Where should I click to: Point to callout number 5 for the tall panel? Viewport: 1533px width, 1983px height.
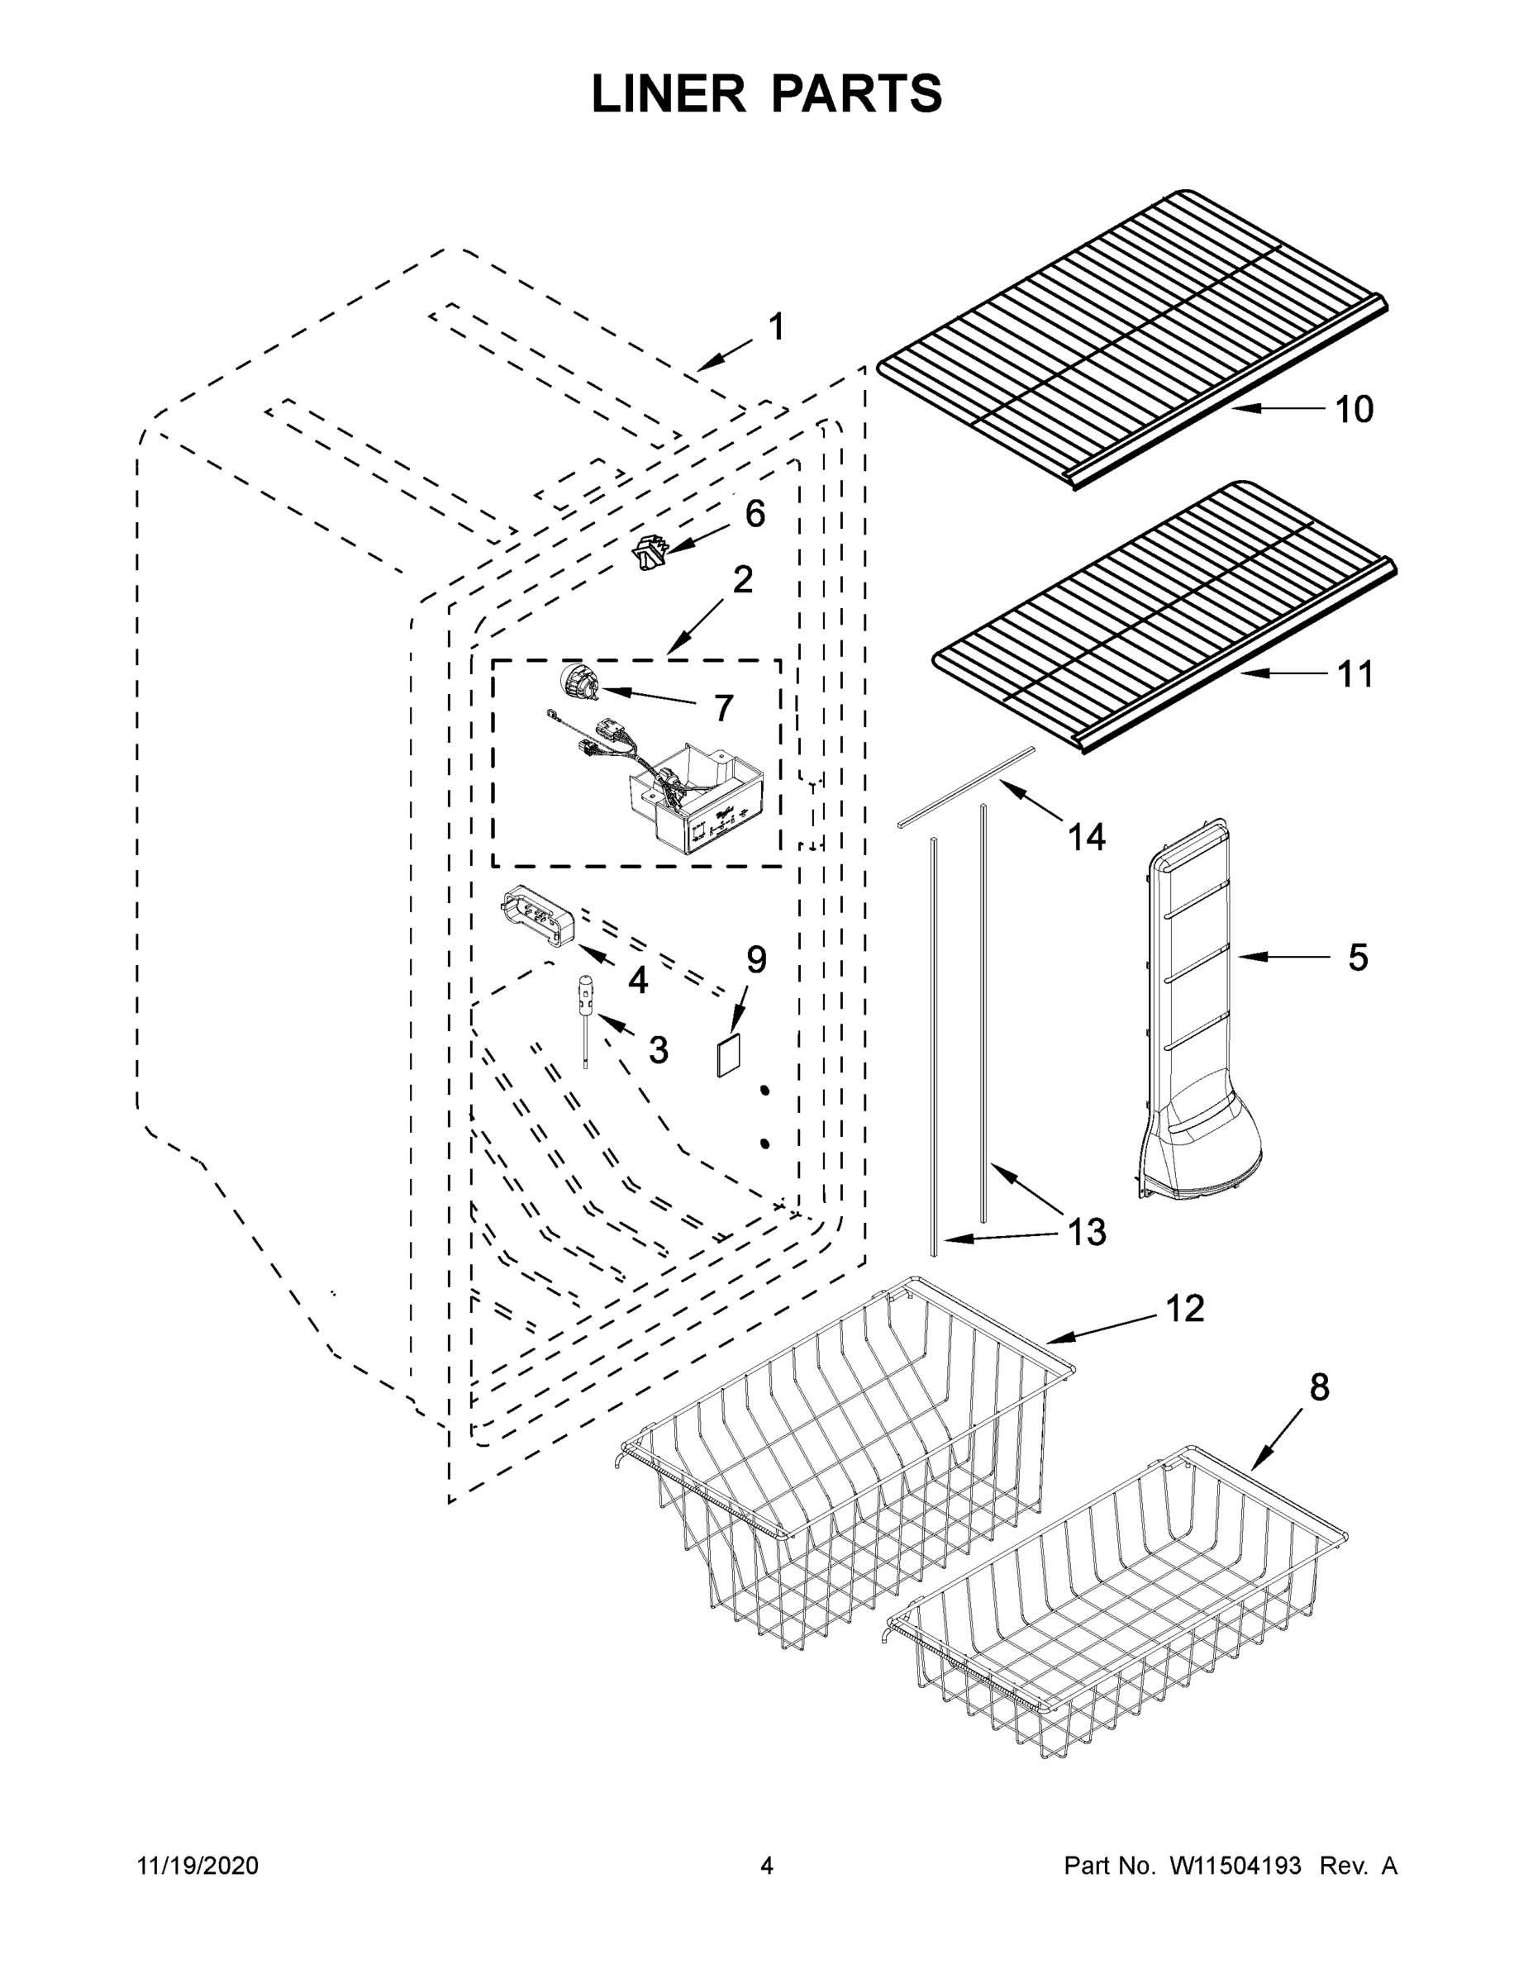coord(1357,957)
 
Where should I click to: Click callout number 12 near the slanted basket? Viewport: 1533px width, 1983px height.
coord(1184,1309)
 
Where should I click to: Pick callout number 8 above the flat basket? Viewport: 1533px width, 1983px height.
coord(1319,1387)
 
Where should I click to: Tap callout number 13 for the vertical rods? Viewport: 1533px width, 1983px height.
coord(1086,1232)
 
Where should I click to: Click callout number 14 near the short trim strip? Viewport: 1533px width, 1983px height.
coord(1086,837)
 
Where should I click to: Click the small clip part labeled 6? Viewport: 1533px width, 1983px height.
coord(649,553)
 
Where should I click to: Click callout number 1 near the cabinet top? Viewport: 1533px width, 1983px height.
coord(777,327)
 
